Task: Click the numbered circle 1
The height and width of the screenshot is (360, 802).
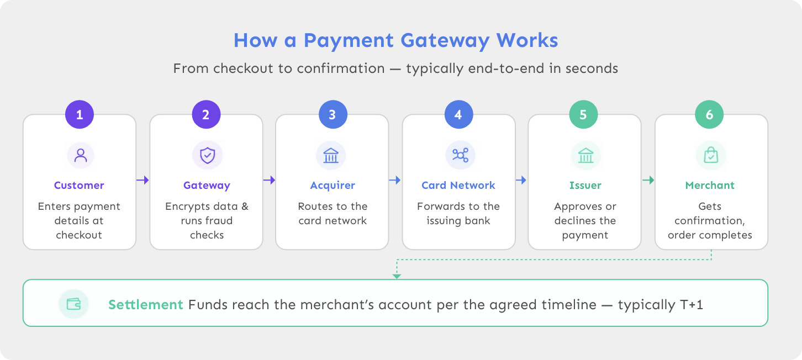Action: pyautogui.click(x=80, y=114)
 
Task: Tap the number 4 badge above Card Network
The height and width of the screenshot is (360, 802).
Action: pyautogui.click(x=458, y=114)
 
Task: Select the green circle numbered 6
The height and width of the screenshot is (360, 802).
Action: pyautogui.click(x=709, y=114)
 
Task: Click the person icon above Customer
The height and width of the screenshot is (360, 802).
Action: pyautogui.click(x=81, y=155)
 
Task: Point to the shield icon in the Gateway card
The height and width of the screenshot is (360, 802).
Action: pyautogui.click(x=207, y=155)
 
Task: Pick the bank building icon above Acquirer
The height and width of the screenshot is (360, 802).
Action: pyautogui.click(x=331, y=155)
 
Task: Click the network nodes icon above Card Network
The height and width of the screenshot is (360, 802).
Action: pyautogui.click(x=460, y=155)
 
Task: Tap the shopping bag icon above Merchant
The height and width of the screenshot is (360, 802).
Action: pyautogui.click(x=711, y=155)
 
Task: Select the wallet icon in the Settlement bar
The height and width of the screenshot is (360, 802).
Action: pyautogui.click(x=74, y=304)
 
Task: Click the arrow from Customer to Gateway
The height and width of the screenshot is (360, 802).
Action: pyautogui.click(x=143, y=180)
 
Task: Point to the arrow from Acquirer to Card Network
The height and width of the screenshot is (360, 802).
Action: pyautogui.click(x=394, y=180)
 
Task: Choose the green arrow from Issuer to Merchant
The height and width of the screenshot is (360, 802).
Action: pyautogui.click(x=648, y=180)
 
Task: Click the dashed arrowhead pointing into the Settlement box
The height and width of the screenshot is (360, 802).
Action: pyautogui.click(x=397, y=276)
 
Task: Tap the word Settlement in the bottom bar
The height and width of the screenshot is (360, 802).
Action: pyautogui.click(x=146, y=305)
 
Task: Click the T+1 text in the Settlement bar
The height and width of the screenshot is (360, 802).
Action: pyautogui.click(x=692, y=305)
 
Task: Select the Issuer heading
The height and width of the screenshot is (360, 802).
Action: pyautogui.click(x=585, y=185)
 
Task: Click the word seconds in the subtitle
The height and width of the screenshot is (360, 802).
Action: pyautogui.click(x=592, y=68)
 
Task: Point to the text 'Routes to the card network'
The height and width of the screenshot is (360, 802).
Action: pyautogui.click(x=333, y=213)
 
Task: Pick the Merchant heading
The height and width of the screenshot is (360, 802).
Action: pyautogui.click(x=710, y=185)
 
